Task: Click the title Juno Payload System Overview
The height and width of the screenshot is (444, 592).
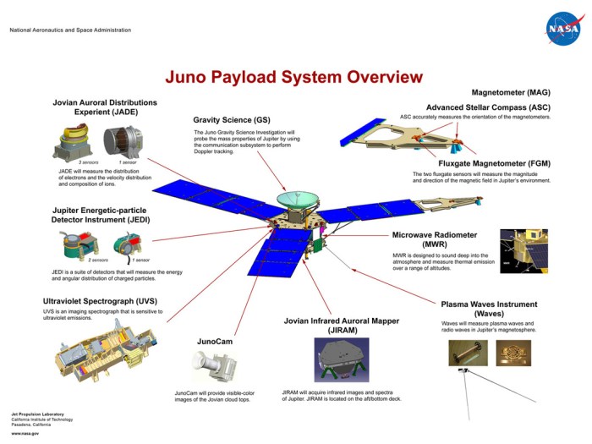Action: tap(293, 78)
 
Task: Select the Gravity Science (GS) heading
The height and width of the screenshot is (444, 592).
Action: tap(232, 119)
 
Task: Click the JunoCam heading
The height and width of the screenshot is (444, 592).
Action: tap(214, 342)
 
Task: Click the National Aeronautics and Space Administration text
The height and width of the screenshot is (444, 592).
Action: tap(70, 30)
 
